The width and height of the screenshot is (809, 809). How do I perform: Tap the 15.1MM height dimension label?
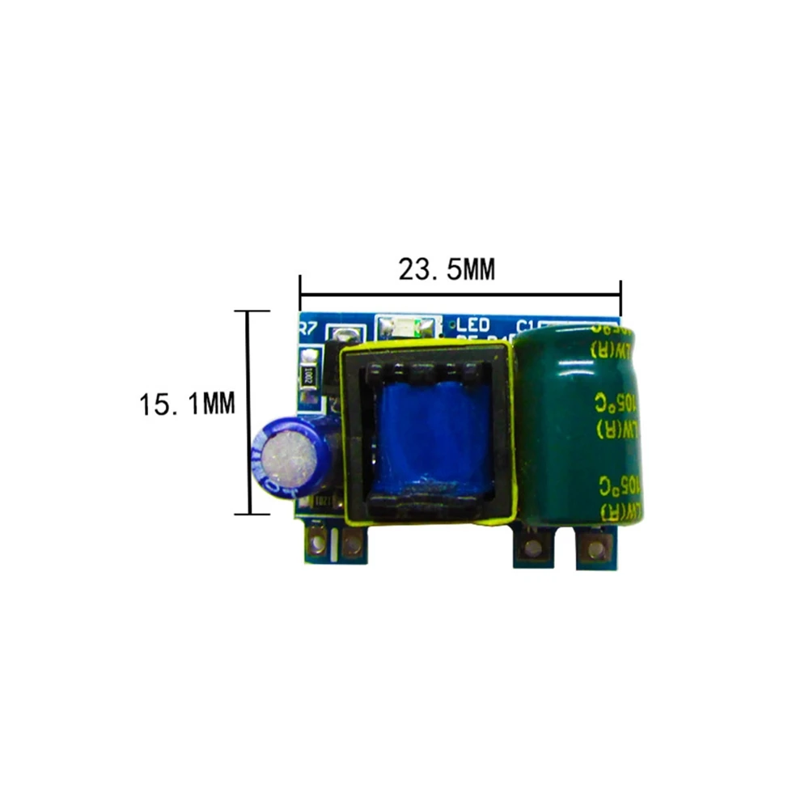click(x=187, y=402)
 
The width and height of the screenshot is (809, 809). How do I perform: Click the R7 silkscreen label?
click(x=307, y=329)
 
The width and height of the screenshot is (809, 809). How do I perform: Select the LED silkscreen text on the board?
click(x=473, y=325)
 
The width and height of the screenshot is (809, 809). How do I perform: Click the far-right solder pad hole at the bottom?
click(x=596, y=549)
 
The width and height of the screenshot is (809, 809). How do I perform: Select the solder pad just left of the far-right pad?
click(x=532, y=549)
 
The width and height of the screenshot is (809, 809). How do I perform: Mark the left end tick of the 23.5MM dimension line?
click(x=300, y=287)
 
